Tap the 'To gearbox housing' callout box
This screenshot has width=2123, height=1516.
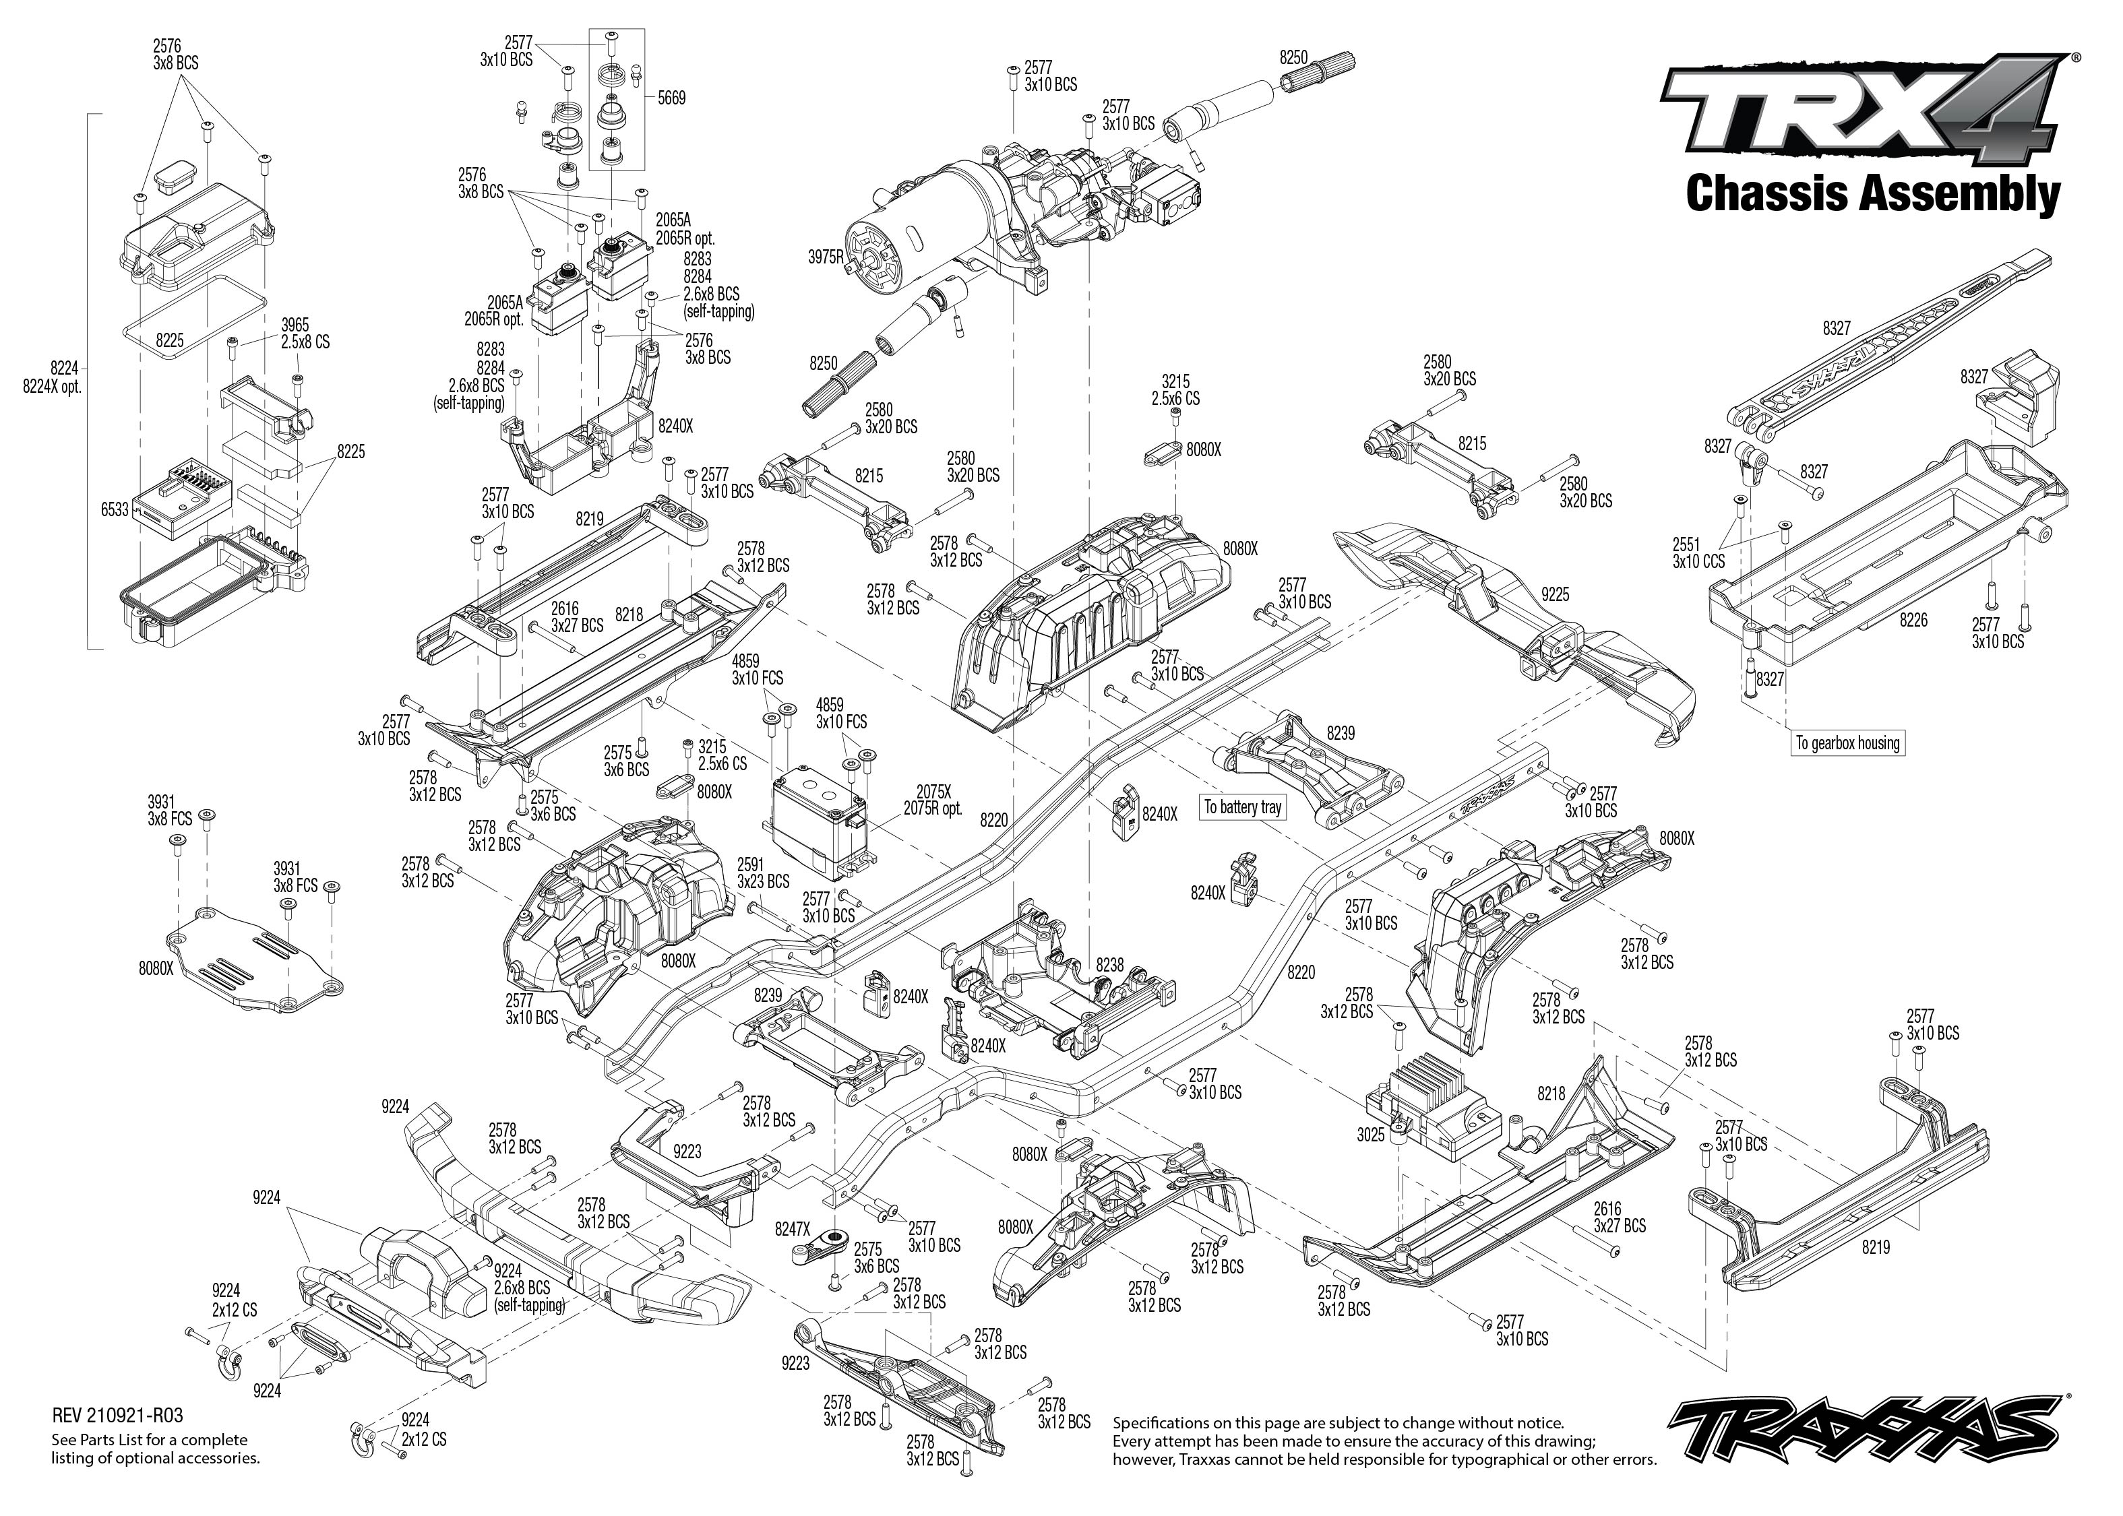[x=1847, y=743]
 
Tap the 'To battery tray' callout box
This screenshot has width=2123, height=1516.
[x=1241, y=807]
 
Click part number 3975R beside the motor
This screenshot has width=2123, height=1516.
[x=826, y=257]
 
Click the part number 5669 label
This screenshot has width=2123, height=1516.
[x=671, y=98]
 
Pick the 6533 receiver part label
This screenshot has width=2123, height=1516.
[x=115, y=509]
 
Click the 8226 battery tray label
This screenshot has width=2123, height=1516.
[x=1913, y=619]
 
